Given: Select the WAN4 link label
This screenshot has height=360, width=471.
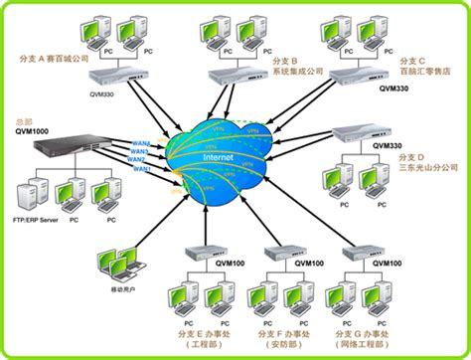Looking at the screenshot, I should click(x=140, y=142).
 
